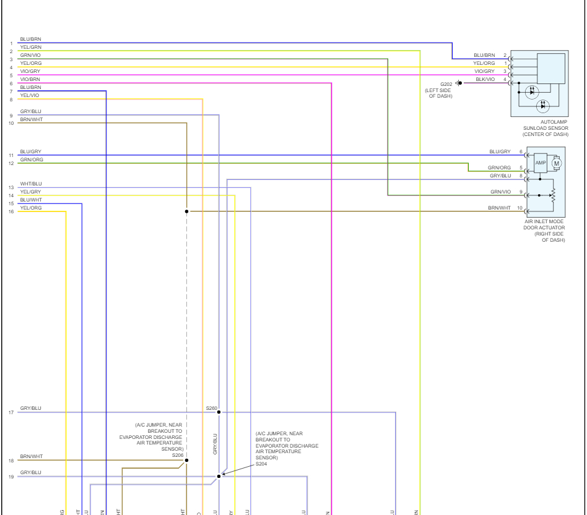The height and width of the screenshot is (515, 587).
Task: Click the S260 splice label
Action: click(212, 408)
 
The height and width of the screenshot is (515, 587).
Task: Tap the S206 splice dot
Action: click(186, 460)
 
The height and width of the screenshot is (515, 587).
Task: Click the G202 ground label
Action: click(446, 83)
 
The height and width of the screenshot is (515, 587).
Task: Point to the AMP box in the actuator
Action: click(541, 162)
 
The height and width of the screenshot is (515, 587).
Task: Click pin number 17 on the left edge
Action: click(11, 412)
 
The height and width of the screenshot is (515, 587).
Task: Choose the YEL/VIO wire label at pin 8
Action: click(30, 95)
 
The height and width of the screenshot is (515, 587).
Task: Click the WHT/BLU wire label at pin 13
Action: click(31, 184)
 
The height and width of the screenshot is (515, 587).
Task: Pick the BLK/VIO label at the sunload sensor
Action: click(485, 79)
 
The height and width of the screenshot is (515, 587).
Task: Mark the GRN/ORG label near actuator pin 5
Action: click(499, 168)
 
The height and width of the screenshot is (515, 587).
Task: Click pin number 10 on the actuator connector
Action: click(520, 208)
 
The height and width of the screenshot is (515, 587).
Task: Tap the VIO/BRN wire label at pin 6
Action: click(30, 79)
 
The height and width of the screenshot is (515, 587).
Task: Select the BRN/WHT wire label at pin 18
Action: click(31, 456)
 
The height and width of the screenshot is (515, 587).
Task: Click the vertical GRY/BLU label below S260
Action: click(215, 444)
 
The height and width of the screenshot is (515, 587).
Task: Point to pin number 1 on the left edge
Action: click(11, 43)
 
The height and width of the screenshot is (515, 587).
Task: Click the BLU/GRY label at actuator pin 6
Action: click(500, 151)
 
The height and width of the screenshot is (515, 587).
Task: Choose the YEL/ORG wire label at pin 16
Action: click(31, 208)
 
